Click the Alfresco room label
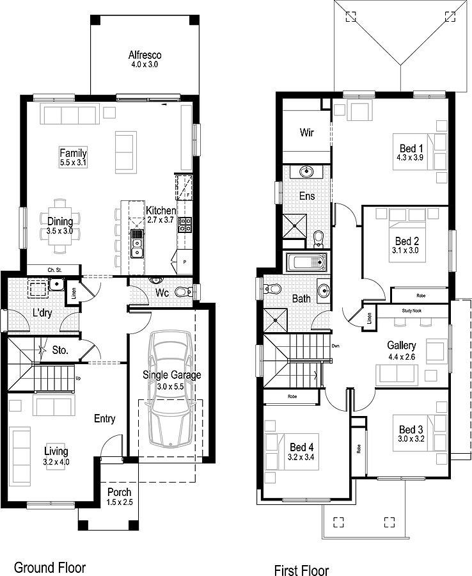pos(143,55)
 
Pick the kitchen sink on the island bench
pos(136,243)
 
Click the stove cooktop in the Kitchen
pos(184,225)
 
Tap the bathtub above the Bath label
pos(306,262)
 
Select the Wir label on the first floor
pos(306,133)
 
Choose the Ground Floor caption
pos(49,567)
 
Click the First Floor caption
pos(301,570)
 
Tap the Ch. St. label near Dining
pos(53,269)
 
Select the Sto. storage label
pos(61,350)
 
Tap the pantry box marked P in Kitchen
pos(185,261)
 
